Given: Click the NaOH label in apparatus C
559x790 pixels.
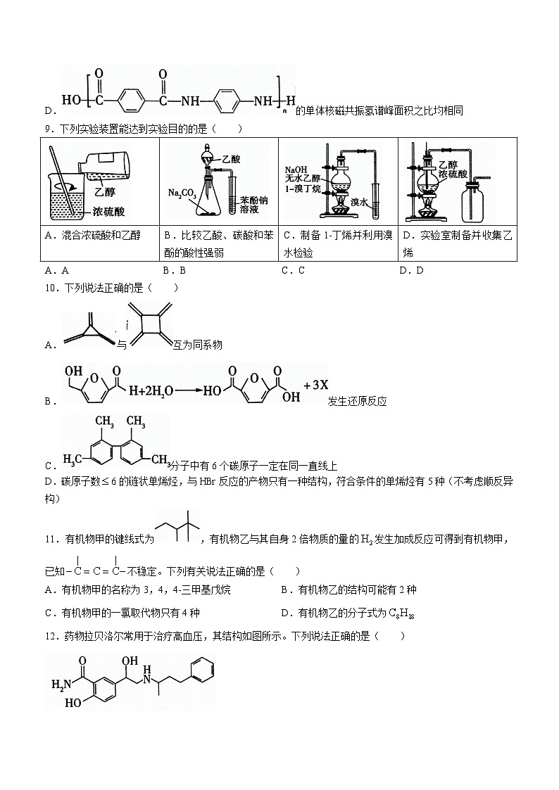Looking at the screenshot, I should tap(294, 170).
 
